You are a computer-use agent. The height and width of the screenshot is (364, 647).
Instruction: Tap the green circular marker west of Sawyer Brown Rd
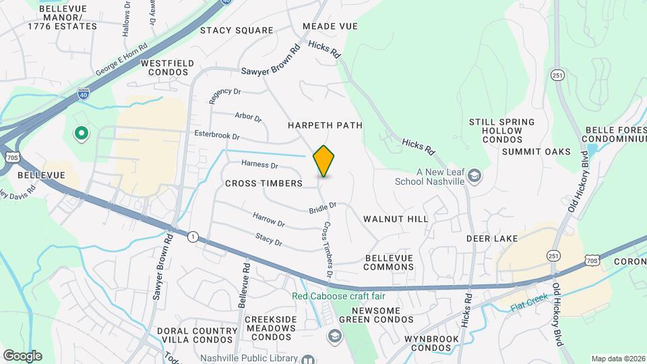(82, 134)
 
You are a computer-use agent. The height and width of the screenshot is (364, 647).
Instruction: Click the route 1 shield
(193, 237)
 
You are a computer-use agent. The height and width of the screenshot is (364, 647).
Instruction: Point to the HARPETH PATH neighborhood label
(325, 125)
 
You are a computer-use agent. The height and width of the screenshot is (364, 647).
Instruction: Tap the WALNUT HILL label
(395, 219)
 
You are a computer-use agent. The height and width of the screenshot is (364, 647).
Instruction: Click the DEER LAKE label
(492, 239)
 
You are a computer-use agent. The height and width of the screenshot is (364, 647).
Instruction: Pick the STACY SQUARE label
(237, 30)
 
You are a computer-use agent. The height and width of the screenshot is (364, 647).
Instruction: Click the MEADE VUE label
(330, 26)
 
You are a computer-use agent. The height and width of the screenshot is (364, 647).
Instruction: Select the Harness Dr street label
(260, 165)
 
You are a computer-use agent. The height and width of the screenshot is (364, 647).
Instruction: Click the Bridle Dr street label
(323, 208)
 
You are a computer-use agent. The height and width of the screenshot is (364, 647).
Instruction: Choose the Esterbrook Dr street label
(216, 135)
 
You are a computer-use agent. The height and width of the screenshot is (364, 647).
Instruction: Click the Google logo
(22, 356)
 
